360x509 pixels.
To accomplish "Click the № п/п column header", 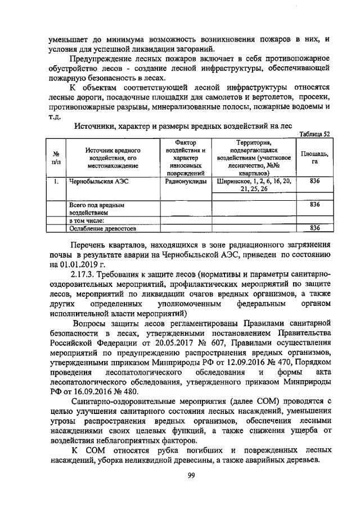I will pyautogui.click(x=56, y=158).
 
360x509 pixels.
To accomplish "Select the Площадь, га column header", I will pyautogui.click(x=315, y=158).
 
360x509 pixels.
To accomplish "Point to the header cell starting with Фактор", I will pyautogui.click(x=185, y=158).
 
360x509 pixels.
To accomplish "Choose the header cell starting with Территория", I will pyautogui.click(x=254, y=158).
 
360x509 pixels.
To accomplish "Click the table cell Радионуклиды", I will pyautogui.click(x=185, y=182).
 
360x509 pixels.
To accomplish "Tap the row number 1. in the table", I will pyautogui.click(x=56, y=182).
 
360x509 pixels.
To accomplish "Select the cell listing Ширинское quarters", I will pyautogui.click(x=254, y=186).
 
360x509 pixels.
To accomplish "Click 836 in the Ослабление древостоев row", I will pyautogui.click(x=315, y=228).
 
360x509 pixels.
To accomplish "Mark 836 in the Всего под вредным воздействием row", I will pyautogui.click(x=315, y=205).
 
